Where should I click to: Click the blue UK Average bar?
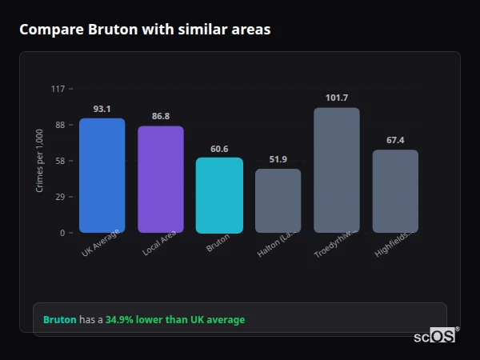point(102,175)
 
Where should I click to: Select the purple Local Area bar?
point(160,179)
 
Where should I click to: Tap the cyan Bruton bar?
point(219,195)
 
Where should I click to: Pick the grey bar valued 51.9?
point(278,201)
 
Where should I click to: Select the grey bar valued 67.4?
point(395,191)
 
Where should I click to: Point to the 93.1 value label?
point(102,109)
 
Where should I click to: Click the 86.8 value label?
point(160,117)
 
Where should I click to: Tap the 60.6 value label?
point(219,149)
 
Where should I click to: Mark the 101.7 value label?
point(337,98)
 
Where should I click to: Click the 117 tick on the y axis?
point(58,89)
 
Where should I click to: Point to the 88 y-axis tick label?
point(59,125)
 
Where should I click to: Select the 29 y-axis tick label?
point(59,197)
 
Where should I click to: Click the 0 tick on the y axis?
point(62,233)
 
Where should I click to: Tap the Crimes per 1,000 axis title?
point(40,161)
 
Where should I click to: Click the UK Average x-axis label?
point(101,242)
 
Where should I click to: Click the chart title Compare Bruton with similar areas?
point(145,30)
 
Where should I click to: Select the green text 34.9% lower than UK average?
point(175,320)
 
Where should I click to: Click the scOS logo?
point(435,336)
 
